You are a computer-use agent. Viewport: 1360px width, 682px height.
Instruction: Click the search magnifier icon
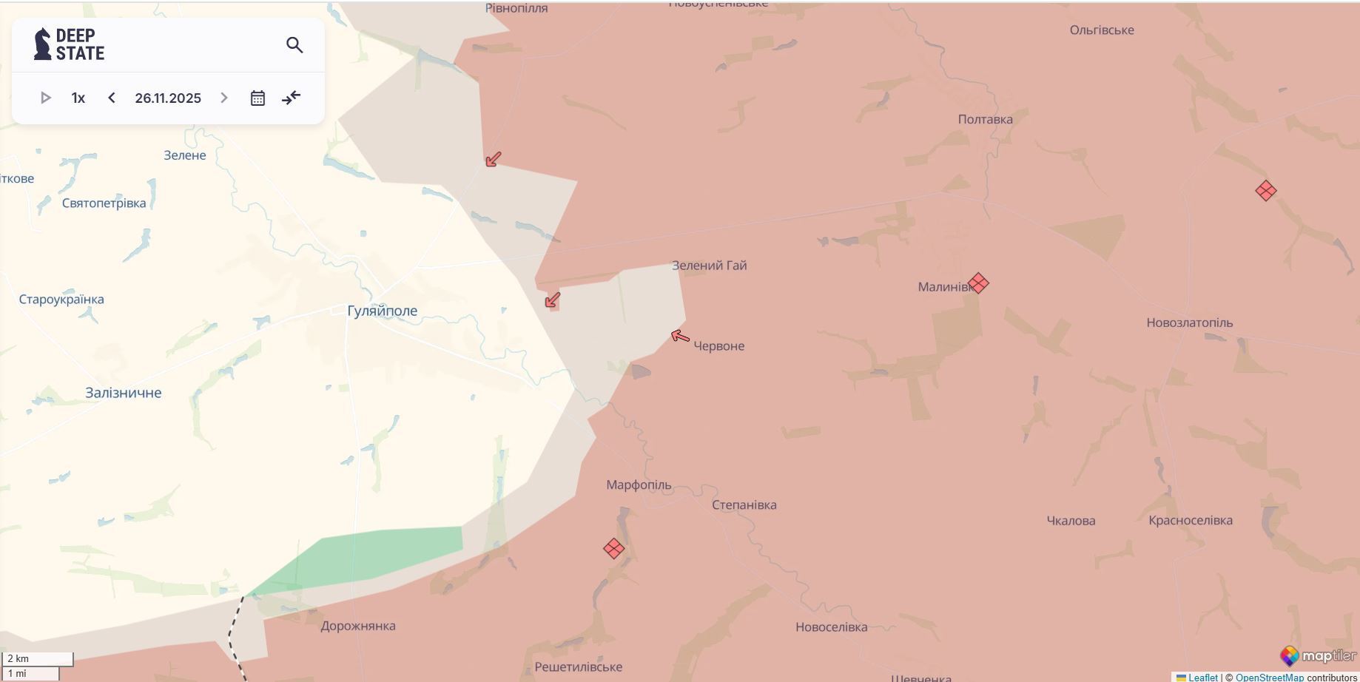(294, 45)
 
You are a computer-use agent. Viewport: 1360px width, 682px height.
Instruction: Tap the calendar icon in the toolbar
(257, 98)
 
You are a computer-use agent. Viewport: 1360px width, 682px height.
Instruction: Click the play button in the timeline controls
(45, 98)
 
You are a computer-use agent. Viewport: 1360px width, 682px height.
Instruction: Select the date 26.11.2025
(168, 98)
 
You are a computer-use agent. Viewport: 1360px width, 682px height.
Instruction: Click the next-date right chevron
(224, 98)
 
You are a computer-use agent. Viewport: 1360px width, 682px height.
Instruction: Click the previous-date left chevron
(112, 98)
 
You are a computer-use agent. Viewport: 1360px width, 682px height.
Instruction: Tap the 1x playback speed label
(78, 98)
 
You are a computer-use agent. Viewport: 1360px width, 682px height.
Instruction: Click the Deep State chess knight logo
(43, 44)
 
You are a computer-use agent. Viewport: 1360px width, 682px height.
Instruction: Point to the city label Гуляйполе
(382, 311)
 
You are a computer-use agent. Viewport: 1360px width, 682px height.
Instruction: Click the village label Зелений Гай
(709, 265)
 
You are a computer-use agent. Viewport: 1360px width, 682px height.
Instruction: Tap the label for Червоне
(718, 345)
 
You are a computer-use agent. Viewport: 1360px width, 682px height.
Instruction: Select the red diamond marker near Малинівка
(978, 283)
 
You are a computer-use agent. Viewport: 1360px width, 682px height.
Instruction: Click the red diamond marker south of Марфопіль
(613, 548)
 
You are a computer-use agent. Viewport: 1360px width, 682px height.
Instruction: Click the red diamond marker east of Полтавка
(1265, 191)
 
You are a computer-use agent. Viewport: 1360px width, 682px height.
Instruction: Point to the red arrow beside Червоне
(680, 337)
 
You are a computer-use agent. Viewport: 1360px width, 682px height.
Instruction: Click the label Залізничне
(123, 393)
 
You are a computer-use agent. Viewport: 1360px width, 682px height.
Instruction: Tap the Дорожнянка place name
(358, 626)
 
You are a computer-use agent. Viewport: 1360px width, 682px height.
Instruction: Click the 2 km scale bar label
(18, 658)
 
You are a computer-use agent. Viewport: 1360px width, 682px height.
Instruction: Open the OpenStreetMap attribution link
(1269, 677)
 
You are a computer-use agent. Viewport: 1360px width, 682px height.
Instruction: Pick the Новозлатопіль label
(1189, 323)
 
